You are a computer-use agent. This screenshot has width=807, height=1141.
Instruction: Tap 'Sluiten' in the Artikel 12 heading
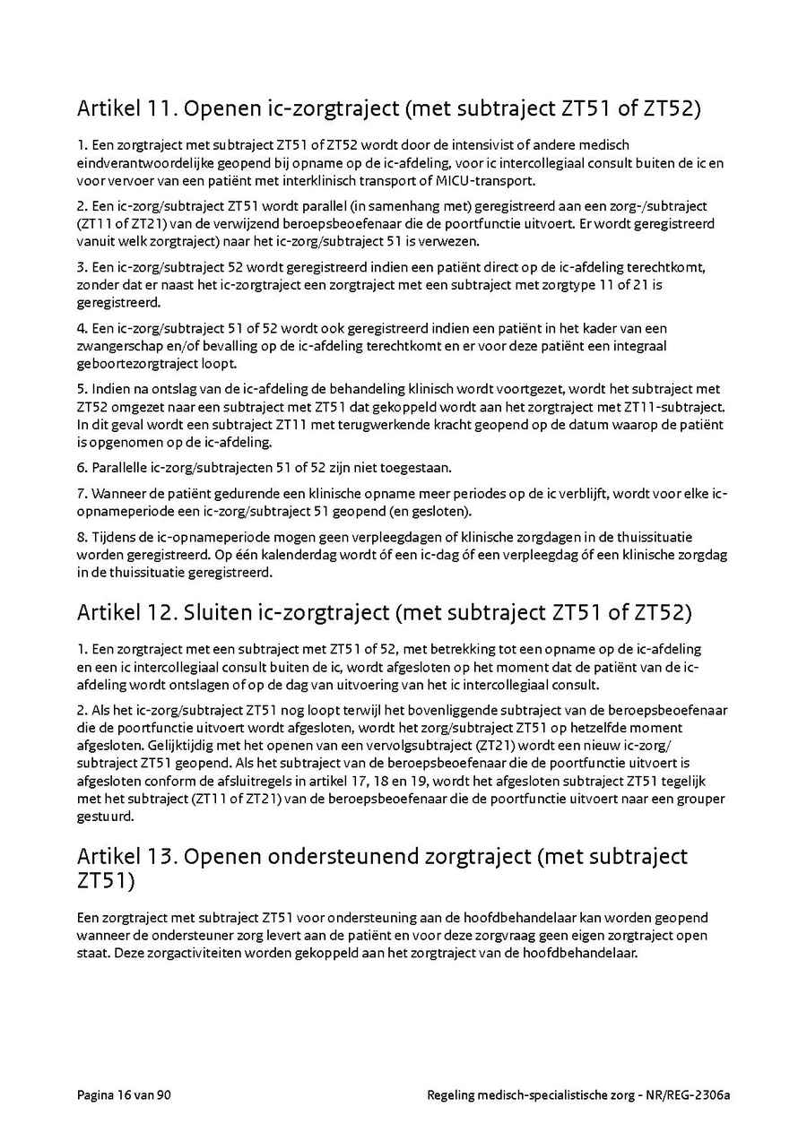coord(219,613)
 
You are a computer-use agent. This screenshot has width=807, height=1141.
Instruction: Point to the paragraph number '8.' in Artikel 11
coord(82,537)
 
